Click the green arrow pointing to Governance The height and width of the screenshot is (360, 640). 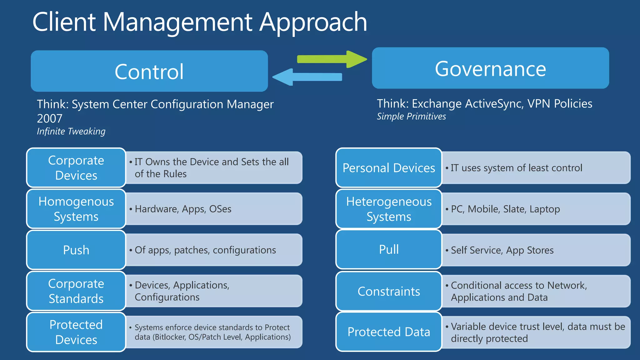click(x=331, y=59)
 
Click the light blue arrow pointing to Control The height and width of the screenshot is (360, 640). click(x=308, y=77)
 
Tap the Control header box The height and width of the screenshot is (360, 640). click(x=149, y=71)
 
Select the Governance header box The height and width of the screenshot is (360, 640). click(x=490, y=68)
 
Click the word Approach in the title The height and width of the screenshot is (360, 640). click(x=313, y=22)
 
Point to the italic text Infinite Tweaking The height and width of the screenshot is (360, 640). click(x=71, y=131)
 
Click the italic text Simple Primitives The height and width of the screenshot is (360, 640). click(x=411, y=117)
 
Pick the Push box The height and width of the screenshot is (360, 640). click(x=76, y=250)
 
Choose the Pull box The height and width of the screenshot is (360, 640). click(x=388, y=249)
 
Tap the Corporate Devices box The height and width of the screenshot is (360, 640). click(x=76, y=168)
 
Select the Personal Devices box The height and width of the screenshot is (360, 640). click(x=388, y=168)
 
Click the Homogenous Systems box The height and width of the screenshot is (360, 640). click(x=76, y=209)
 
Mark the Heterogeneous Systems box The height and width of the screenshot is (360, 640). click(x=388, y=209)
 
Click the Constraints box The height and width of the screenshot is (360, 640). click(x=388, y=291)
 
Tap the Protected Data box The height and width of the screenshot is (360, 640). click(x=388, y=332)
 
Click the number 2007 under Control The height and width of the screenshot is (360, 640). click(x=49, y=118)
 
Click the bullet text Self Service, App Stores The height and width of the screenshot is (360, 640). click(x=502, y=250)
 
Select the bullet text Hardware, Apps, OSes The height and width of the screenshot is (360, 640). click(x=183, y=209)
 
